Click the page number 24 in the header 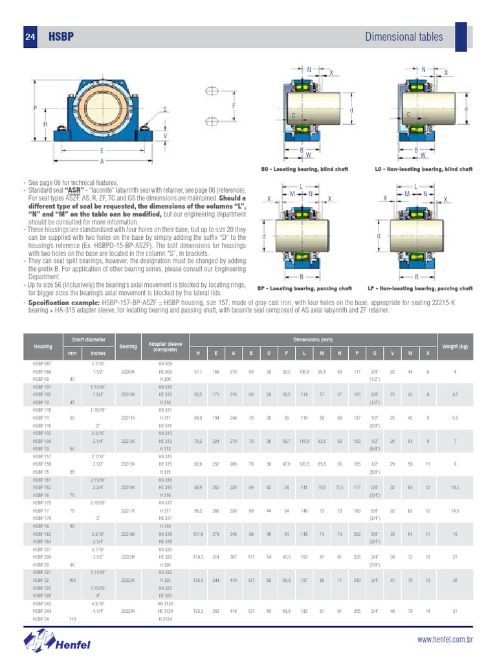(30, 37)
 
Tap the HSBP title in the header (60, 37)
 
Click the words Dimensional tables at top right (404, 37)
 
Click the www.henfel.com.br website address (445, 640)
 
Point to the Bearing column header (128, 347)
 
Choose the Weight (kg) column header (455, 347)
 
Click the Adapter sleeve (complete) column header (165, 347)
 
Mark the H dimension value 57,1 (198, 372)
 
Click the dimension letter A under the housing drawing (102, 161)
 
